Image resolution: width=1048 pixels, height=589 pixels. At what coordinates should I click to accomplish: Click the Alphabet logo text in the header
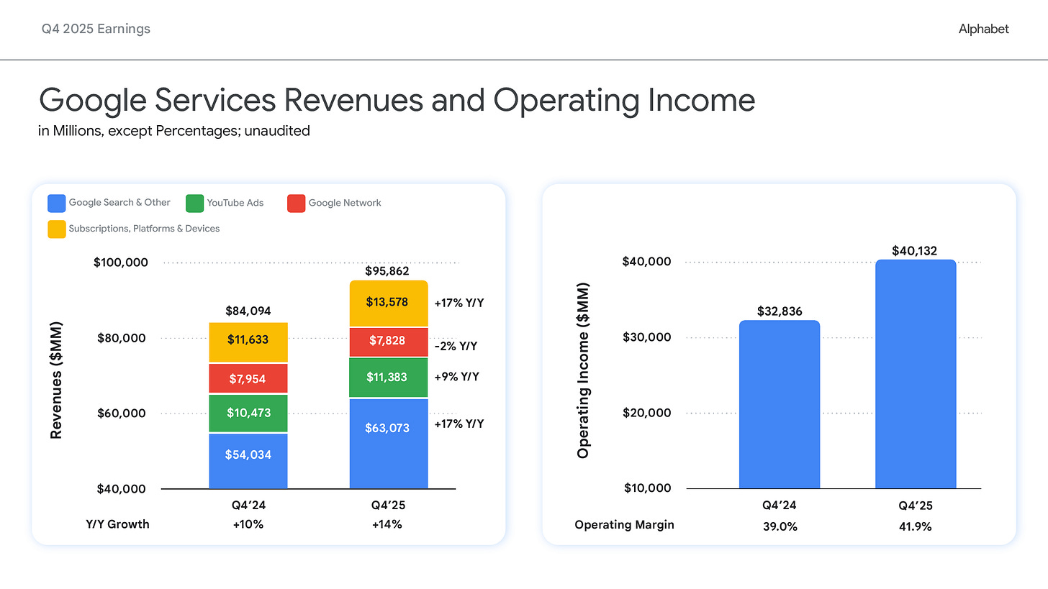click(x=983, y=29)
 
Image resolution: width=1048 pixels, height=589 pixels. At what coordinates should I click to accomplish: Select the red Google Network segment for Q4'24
click(x=248, y=378)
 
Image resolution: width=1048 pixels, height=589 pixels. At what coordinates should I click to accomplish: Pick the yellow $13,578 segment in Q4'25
click(x=389, y=303)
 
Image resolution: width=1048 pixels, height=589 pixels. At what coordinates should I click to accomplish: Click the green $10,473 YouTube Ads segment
click(x=248, y=414)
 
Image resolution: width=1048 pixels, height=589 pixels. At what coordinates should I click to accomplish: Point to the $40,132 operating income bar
click(x=916, y=374)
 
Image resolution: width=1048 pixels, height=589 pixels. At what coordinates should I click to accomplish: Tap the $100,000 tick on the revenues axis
click(x=121, y=262)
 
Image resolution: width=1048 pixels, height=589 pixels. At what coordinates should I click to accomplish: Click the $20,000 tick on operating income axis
click(x=647, y=413)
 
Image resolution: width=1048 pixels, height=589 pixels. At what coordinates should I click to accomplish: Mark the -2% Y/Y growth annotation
click(x=456, y=346)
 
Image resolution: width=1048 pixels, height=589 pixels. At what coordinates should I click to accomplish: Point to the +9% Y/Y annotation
click(x=456, y=376)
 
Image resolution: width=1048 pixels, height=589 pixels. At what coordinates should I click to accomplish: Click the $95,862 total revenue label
click(x=389, y=271)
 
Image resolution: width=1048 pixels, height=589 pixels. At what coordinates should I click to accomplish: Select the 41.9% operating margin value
click(x=916, y=526)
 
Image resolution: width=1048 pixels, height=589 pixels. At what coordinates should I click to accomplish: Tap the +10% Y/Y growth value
click(x=248, y=524)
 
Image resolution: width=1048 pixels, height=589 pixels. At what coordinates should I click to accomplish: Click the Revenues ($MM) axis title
click(x=55, y=380)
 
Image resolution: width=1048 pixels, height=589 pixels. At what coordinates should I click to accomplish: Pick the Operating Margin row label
click(x=625, y=524)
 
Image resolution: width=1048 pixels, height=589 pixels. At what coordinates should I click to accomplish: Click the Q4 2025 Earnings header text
click(x=96, y=29)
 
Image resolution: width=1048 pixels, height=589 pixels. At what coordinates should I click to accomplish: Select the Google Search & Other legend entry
click(x=109, y=203)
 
